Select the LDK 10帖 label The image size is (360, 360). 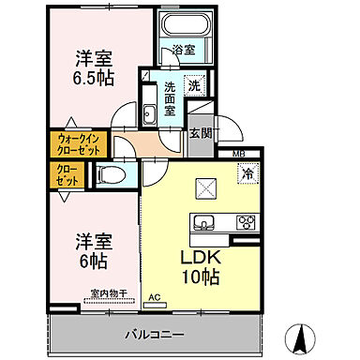click(x=200, y=266)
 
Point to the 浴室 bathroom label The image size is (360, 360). click(x=184, y=49)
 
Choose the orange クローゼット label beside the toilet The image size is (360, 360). click(x=63, y=173)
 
